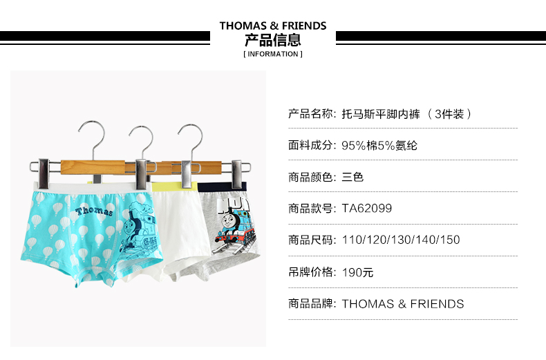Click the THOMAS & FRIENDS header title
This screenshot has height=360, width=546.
[x=273, y=26]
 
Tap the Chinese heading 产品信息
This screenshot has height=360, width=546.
[x=272, y=40]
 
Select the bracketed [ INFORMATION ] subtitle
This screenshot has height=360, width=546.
[x=273, y=54]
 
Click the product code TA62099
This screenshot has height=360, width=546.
[x=367, y=208]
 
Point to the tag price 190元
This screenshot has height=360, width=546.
[x=357, y=272]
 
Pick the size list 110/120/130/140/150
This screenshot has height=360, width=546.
[x=401, y=240]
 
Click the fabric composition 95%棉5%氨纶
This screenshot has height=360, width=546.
[x=379, y=145]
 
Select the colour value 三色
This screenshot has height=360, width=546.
[x=352, y=177]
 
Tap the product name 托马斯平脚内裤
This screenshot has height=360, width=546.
[x=381, y=114]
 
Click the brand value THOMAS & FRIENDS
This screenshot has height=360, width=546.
[x=402, y=304]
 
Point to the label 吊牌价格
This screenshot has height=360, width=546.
[x=310, y=272]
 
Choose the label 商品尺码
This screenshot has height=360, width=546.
[x=310, y=240]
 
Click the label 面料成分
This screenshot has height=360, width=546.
[x=310, y=145]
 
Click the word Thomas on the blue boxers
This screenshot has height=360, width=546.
[x=94, y=210]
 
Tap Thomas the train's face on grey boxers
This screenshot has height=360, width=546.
[x=229, y=221]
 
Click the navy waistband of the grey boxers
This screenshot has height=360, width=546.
[x=222, y=187]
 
